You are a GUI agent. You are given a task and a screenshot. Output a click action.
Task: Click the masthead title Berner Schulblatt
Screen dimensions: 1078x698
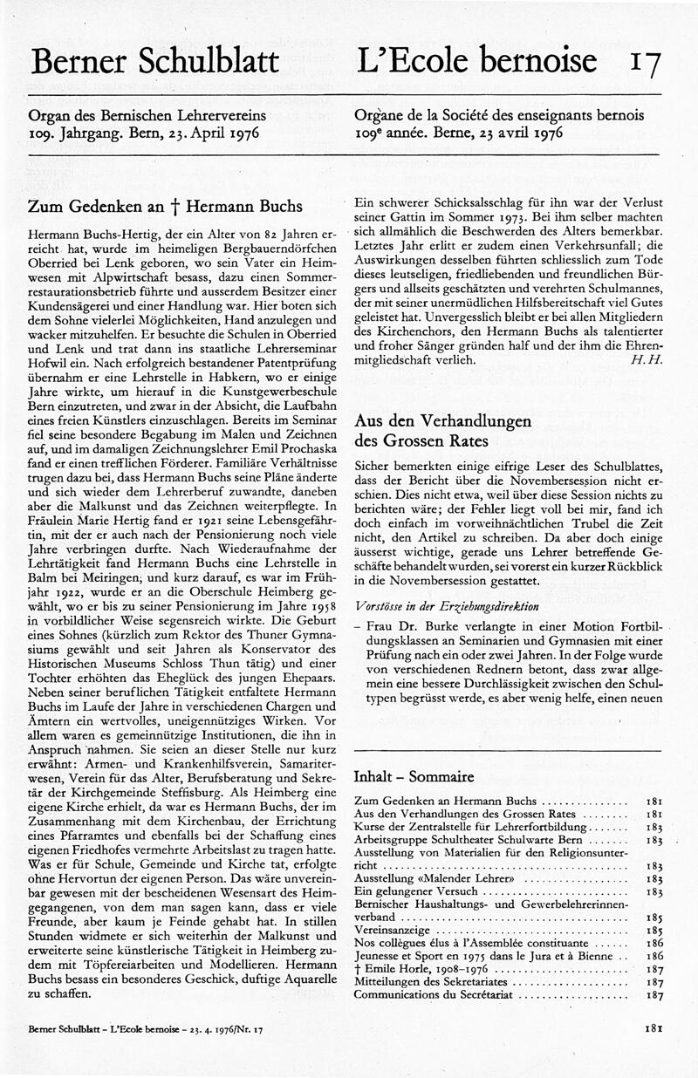(x=154, y=60)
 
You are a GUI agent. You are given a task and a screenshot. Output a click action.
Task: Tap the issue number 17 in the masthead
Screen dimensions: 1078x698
(x=645, y=62)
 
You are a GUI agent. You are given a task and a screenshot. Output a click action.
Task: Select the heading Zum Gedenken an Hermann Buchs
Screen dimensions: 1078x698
(x=166, y=207)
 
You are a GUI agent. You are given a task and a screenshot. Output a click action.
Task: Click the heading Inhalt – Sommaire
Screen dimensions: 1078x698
(x=414, y=776)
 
